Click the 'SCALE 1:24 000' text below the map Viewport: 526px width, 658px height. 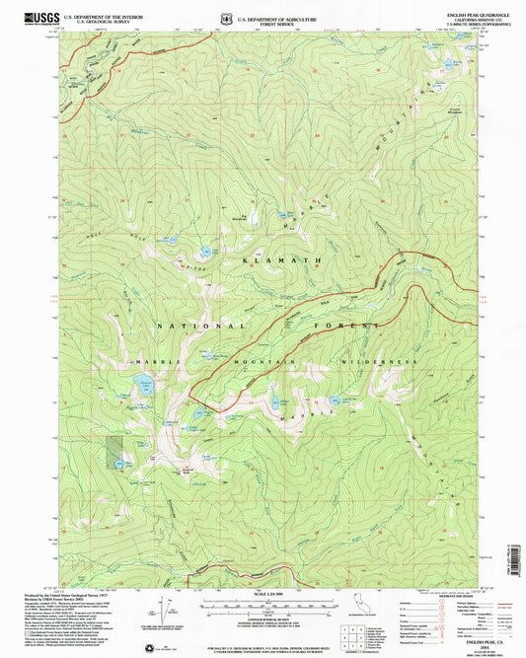[266, 592]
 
